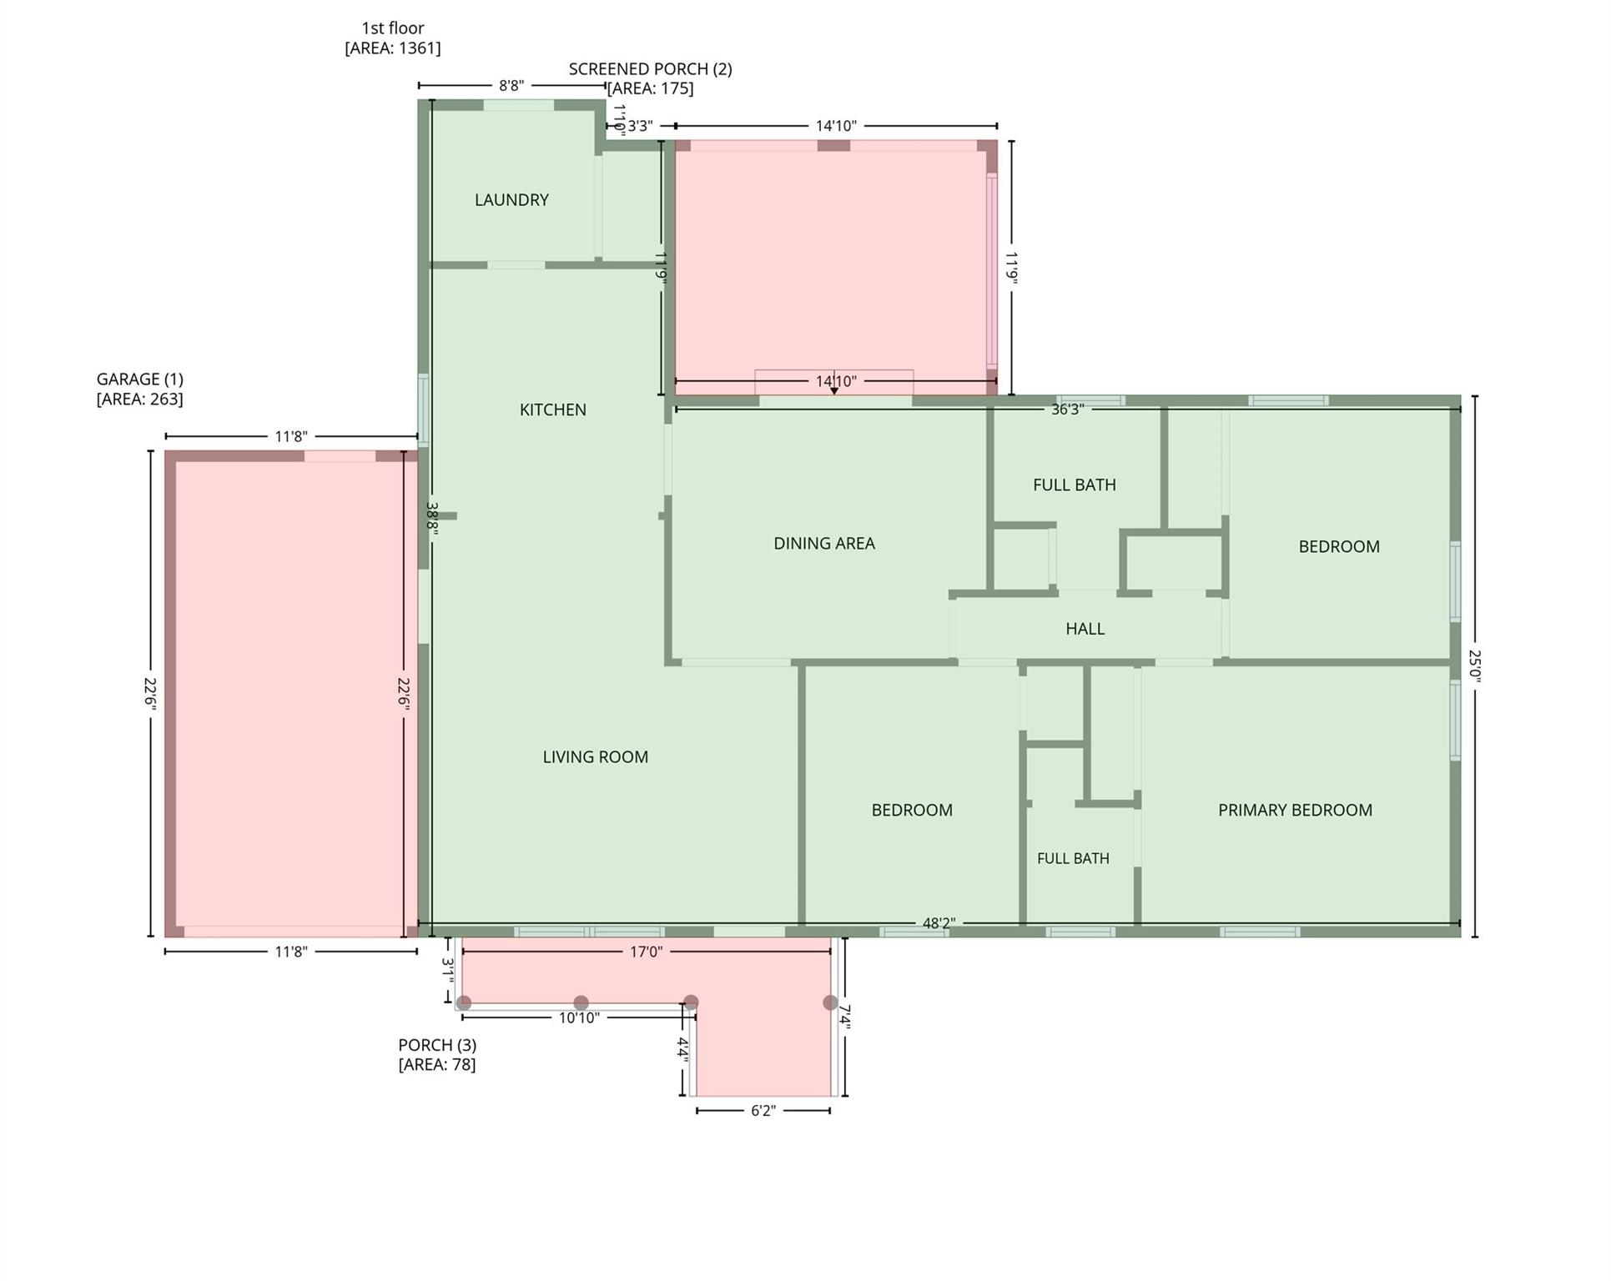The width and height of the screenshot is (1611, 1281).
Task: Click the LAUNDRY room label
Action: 511,200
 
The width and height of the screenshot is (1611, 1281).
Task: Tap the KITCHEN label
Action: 553,409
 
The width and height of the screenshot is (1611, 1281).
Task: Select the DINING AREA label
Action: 824,544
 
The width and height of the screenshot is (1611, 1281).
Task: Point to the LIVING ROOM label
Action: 596,757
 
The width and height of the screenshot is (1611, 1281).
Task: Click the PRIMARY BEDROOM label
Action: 1295,810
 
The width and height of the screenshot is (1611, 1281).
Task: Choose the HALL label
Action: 1085,629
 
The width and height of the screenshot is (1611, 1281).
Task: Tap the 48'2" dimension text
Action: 939,923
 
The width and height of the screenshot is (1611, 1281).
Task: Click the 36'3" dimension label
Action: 1067,409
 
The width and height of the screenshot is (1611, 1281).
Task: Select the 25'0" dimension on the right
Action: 1475,666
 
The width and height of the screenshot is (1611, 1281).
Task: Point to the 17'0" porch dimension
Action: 646,952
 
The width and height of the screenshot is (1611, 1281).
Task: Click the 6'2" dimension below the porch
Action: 763,1111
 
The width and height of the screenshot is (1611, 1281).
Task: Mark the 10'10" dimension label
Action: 579,1018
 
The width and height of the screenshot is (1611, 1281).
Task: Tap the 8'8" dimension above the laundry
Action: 511,85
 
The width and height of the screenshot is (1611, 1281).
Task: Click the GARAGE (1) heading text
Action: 140,379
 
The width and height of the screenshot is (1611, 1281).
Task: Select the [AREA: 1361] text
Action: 393,48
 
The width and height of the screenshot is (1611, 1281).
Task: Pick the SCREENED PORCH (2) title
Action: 651,69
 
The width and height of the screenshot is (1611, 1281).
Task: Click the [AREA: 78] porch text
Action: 437,1065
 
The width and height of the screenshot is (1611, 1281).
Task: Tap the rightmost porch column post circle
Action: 830,1002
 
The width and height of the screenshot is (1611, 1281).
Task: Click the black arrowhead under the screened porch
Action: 833,390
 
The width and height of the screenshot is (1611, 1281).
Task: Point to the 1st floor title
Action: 393,28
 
